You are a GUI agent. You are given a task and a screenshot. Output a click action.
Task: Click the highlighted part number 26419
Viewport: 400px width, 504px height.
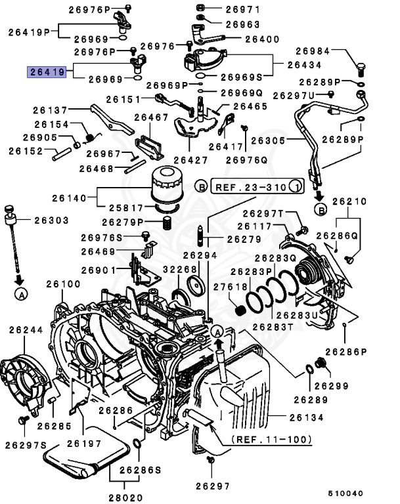click(46, 72)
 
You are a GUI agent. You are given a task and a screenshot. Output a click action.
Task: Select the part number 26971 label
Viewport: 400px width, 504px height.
click(242, 10)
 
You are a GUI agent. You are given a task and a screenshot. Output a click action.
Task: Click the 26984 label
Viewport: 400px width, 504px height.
click(313, 51)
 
